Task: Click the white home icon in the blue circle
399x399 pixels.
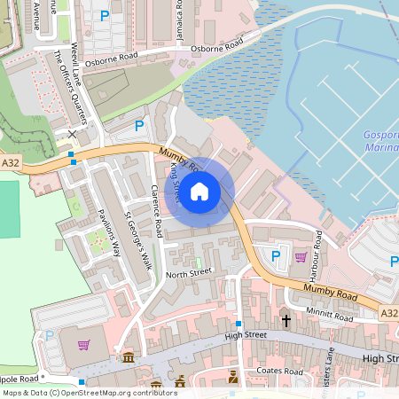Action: (199, 191)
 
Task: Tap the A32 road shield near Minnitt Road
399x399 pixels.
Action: (388, 313)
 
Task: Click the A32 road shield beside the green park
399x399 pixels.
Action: (11, 163)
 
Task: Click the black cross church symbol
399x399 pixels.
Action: (286, 319)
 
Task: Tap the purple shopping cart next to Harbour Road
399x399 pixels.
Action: (301, 257)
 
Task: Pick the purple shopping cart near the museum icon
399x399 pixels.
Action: (84, 344)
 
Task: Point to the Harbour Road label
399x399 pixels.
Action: (317, 251)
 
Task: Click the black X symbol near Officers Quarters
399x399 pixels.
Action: (72, 133)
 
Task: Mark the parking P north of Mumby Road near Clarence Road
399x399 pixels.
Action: (138, 127)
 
